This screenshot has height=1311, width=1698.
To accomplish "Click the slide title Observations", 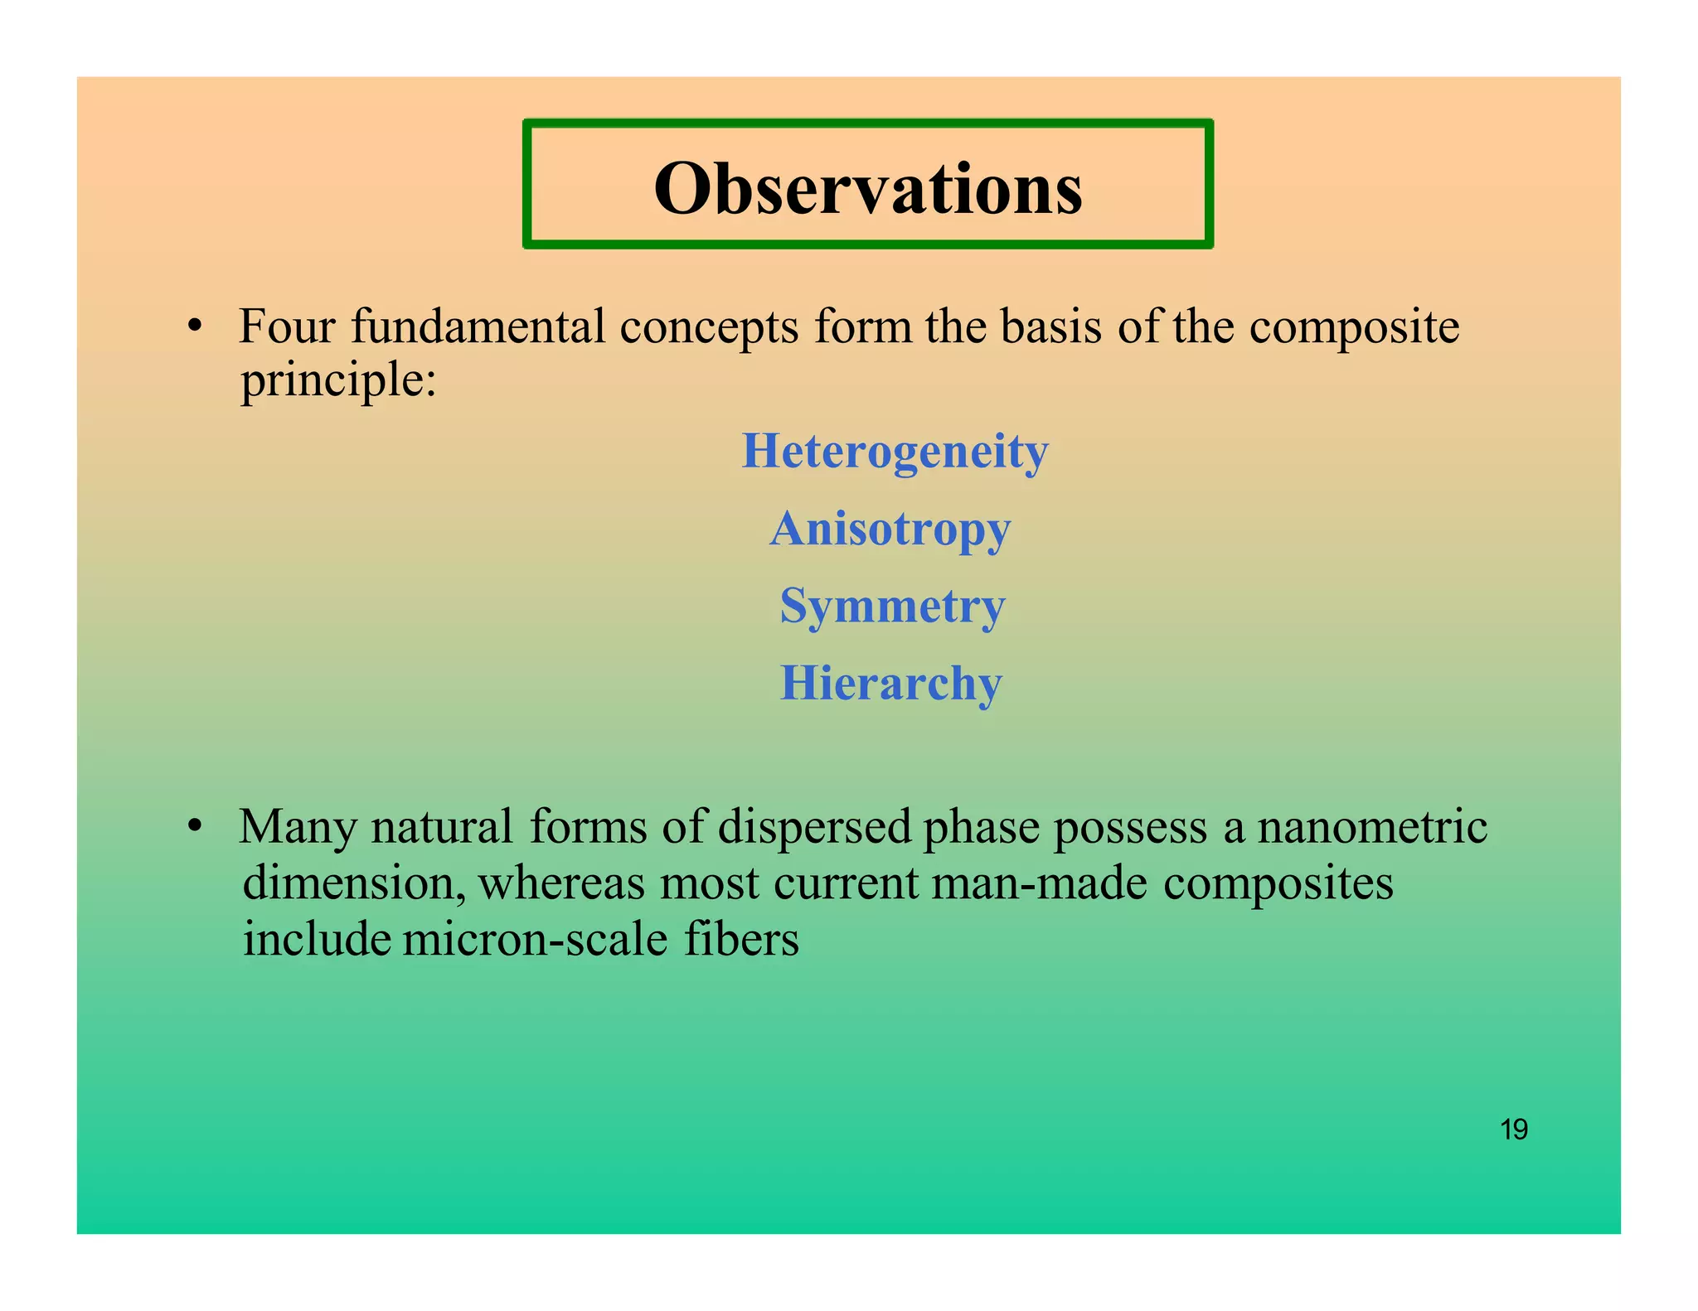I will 867,188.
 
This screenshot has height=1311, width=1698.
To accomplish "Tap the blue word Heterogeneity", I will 895,452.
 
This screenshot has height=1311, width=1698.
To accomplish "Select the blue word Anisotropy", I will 890,529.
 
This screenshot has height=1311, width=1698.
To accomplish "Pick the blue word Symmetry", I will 892,606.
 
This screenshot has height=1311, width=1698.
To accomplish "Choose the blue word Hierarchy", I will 891,684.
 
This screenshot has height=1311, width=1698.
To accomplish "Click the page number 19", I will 1514,1130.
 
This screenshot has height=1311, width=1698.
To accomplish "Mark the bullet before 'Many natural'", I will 195,826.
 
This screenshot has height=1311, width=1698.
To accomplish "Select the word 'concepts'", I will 709,327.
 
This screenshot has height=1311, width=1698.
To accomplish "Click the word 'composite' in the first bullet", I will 1353,327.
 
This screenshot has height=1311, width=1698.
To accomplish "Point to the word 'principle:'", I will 338,381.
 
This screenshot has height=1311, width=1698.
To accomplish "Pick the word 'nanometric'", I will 1372,827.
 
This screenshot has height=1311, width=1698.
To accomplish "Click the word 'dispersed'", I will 814,827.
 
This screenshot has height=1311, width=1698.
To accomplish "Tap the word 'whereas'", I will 561,883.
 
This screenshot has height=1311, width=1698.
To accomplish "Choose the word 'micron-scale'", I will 536,940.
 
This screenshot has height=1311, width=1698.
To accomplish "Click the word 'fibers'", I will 741,940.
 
